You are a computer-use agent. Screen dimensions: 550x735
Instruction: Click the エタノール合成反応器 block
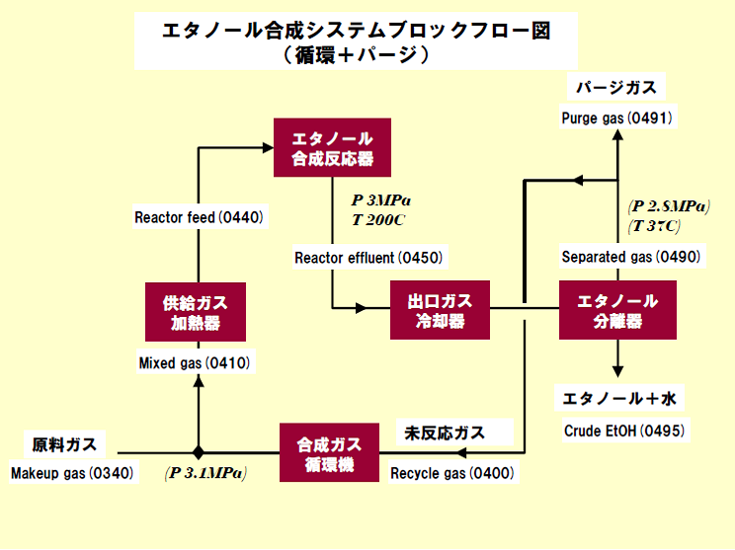coord(332,147)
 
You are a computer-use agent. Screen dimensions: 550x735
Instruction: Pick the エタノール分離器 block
coord(617,310)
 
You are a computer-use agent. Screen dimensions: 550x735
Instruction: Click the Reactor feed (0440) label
coord(199,216)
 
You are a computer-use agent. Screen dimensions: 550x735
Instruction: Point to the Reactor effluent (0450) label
coord(368,259)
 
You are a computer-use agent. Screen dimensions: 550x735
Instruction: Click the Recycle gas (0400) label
coord(451,474)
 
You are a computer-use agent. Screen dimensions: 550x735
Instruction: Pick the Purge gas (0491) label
coord(616,118)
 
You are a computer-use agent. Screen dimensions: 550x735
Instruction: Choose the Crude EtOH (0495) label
coord(624,431)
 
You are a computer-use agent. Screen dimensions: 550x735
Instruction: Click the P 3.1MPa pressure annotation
coord(206,474)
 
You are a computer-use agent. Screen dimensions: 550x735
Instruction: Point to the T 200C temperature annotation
coord(379,219)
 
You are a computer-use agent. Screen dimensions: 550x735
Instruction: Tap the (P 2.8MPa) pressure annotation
coord(669,206)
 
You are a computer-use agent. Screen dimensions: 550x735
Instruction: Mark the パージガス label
coord(615,88)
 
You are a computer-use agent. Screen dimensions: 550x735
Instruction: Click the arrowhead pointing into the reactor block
coord(268,147)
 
